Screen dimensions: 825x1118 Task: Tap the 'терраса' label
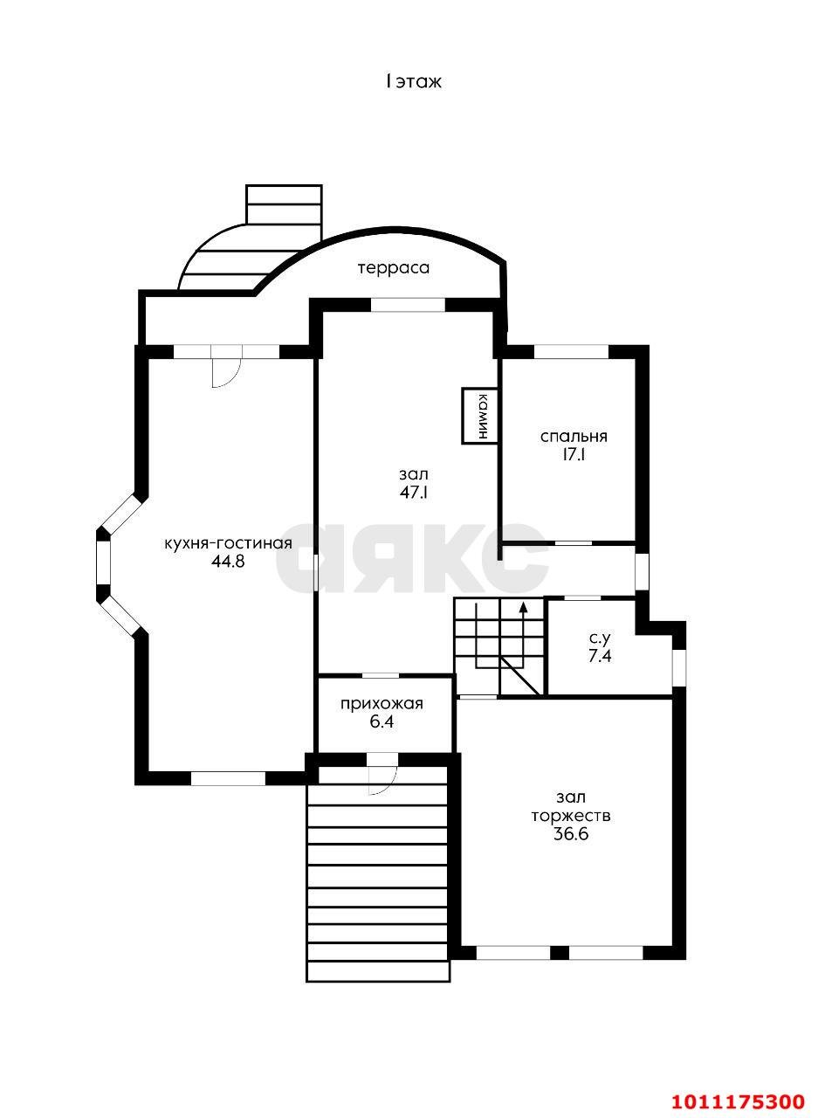[x=394, y=267]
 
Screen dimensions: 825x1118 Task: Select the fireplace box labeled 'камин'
[x=480, y=416]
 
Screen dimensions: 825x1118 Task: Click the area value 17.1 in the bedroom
[x=574, y=455]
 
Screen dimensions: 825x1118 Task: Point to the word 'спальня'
[x=574, y=437]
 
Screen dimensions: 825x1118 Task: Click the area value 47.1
[x=414, y=493]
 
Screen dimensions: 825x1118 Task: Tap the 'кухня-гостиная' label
[x=229, y=544]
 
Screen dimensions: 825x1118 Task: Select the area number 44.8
[x=228, y=562]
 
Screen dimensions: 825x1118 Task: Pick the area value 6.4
[x=382, y=722]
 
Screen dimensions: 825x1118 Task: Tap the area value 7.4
[x=600, y=657]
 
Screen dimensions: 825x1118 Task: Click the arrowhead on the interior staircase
[x=524, y=607]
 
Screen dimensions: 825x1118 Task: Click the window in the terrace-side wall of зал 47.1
[x=409, y=305]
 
